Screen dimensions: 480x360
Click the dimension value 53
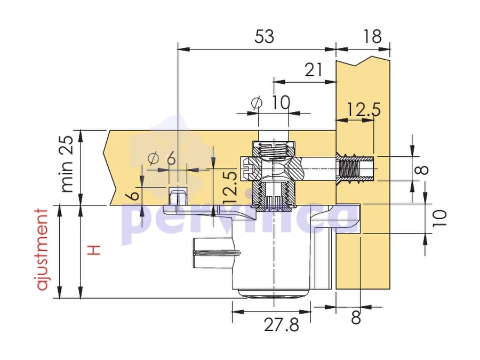264,37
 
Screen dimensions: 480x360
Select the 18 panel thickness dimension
372,37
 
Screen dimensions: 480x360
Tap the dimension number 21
314,70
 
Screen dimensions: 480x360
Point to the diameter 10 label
270,102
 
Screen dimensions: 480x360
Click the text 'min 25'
67,164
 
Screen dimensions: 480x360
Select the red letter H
94,250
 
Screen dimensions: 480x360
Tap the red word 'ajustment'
43,250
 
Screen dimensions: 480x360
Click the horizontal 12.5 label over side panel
364,109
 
